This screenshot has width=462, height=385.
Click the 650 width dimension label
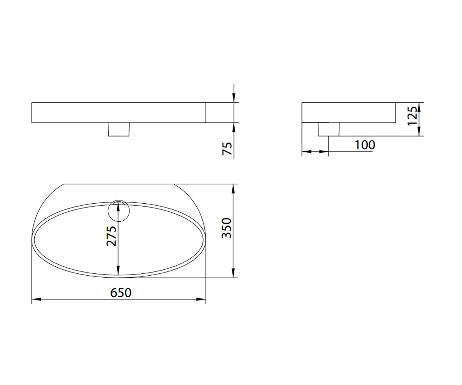pyautogui.click(x=121, y=293)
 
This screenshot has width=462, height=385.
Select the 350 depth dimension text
pyautogui.click(x=226, y=228)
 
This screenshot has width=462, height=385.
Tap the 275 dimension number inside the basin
pyautogui.click(x=111, y=236)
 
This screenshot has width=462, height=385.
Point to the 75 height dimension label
pyautogui.click(x=227, y=149)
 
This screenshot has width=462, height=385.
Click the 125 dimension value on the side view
pyautogui.click(x=412, y=116)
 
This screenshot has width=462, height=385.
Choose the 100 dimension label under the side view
pyautogui.click(x=365, y=145)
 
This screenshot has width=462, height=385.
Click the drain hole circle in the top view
pyautogui.click(x=119, y=211)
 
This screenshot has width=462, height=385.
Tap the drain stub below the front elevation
pyautogui.click(x=119, y=129)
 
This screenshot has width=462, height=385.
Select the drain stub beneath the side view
pyautogui.click(x=328, y=129)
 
